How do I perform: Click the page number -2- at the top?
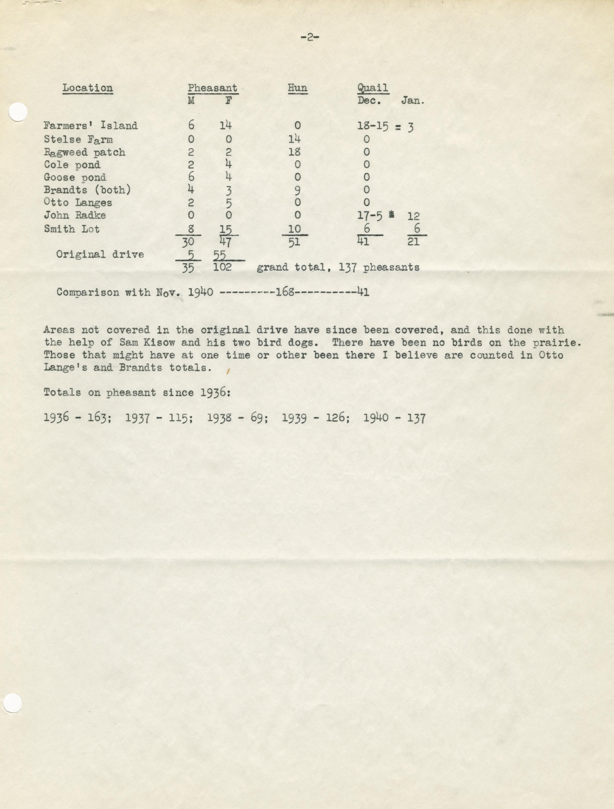309,37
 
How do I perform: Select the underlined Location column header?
88,88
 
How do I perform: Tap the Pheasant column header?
212,88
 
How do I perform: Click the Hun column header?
297,88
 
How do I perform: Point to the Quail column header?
373,88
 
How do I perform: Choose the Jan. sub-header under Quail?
413,101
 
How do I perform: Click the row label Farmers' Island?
90,125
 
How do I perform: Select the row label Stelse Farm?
78,139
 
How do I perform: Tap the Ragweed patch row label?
85,152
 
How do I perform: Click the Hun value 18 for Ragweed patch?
294,152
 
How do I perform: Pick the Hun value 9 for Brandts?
297,190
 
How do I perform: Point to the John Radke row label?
75,215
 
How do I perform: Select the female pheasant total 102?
222,267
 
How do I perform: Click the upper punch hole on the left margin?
17,112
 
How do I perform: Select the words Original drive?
100,254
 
